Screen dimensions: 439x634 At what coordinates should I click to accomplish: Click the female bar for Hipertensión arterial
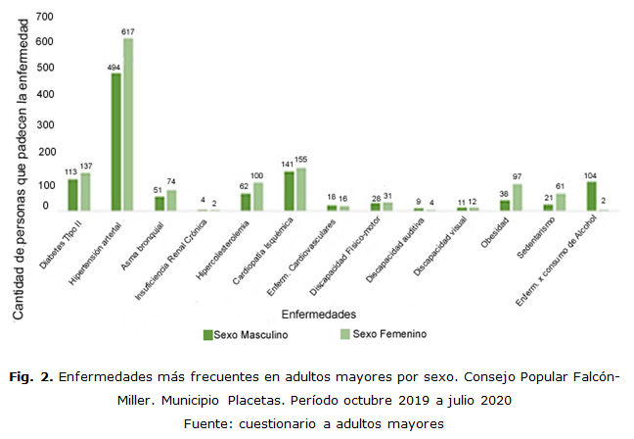click(x=128, y=123)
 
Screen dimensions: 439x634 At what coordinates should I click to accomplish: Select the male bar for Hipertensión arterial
click(x=115, y=142)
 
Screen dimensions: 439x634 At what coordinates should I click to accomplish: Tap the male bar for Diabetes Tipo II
click(x=72, y=195)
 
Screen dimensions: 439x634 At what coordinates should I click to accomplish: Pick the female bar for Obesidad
click(x=517, y=197)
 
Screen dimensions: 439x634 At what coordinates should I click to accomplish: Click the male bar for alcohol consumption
click(x=591, y=196)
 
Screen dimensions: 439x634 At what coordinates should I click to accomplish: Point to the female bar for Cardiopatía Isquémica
click(x=300, y=189)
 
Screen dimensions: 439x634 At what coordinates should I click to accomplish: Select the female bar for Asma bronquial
click(x=171, y=200)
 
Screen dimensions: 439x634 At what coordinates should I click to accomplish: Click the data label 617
click(x=128, y=32)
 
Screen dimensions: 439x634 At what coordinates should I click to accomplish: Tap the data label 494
click(x=114, y=67)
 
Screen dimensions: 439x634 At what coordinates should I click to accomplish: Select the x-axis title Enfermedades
click(x=318, y=314)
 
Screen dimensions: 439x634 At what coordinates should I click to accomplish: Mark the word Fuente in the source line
click(x=205, y=423)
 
